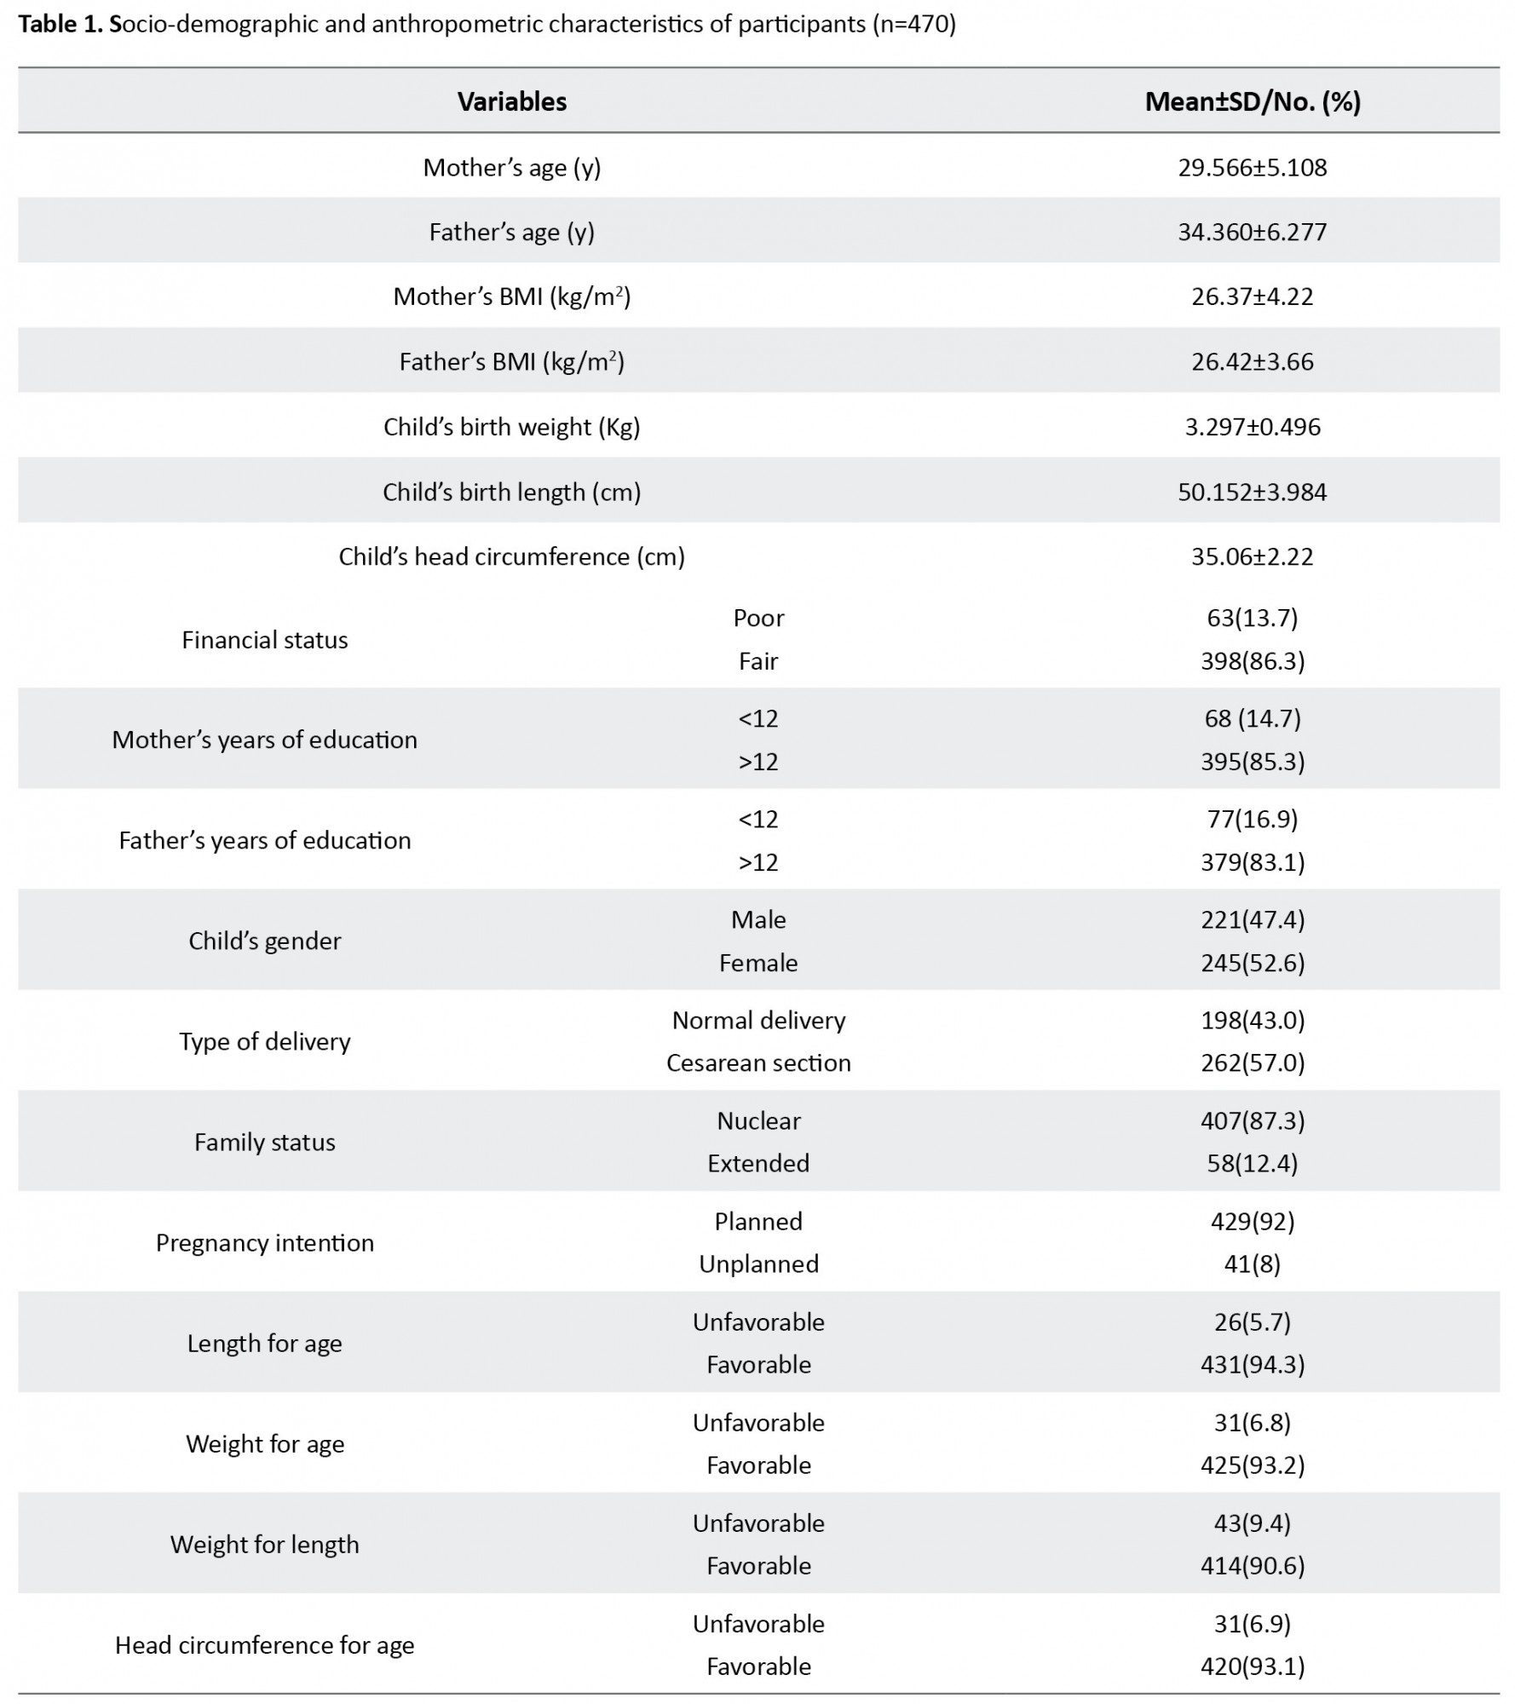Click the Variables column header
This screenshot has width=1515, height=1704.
tap(511, 101)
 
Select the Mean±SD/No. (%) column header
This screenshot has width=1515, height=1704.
tap(1252, 101)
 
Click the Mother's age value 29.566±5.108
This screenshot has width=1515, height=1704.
tap(1252, 167)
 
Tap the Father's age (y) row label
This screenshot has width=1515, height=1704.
tap(511, 232)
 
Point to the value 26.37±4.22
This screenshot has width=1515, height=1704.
tap(1252, 296)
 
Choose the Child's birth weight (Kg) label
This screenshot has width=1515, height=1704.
tap(511, 427)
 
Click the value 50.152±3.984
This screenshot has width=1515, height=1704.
tap(1252, 492)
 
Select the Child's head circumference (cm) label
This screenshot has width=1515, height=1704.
tap(511, 556)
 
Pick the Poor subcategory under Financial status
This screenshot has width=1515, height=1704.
tap(758, 618)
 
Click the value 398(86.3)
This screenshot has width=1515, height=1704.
tap(1252, 661)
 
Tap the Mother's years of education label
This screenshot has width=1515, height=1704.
tap(264, 740)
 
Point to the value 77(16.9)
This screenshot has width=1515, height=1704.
tap(1252, 819)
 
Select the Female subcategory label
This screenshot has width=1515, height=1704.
tap(758, 963)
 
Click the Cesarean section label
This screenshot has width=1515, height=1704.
tap(758, 1062)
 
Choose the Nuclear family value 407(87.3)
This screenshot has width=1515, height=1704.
tap(1252, 1120)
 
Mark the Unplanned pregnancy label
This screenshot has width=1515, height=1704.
tap(758, 1264)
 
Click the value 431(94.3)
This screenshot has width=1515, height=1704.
tap(1252, 1364)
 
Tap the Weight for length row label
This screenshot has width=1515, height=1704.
tap(264, 1544)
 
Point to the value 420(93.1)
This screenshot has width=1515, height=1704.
tap(1252, 1666)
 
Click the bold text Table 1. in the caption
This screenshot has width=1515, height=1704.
tap(60, 24)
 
